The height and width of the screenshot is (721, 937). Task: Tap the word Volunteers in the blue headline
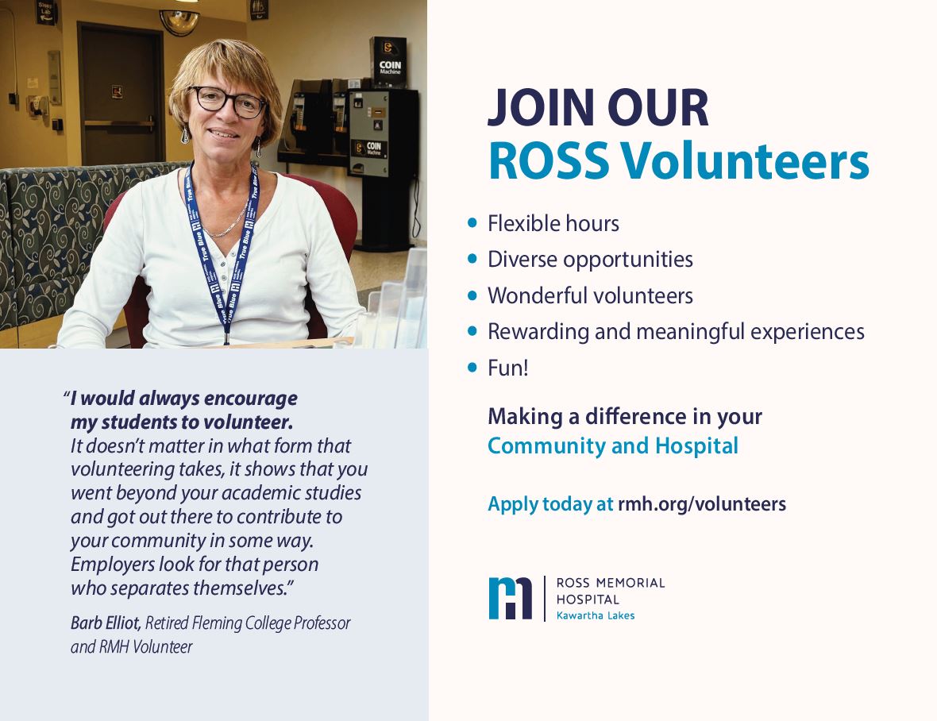coord(744,161)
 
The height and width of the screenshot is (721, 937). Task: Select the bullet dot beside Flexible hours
coord(472,223)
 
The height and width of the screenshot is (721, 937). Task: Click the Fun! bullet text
coord(508,368)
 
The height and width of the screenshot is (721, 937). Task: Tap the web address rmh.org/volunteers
coord(701,504)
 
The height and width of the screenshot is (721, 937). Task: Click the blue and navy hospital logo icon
coord(510,598)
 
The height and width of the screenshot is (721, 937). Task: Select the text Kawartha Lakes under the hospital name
coord(596,616)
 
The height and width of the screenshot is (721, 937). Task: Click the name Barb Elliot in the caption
coord(106,623)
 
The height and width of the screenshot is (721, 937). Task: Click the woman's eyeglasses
coord(227,101)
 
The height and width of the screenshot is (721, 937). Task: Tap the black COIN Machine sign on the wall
coord(389,61)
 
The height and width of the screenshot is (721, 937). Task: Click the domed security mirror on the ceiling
coord(180,21)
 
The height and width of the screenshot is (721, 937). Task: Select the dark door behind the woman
coord(121,95)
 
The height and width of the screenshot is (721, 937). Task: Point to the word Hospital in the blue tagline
coord(696,446)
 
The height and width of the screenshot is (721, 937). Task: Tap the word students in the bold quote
coord(142,422)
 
